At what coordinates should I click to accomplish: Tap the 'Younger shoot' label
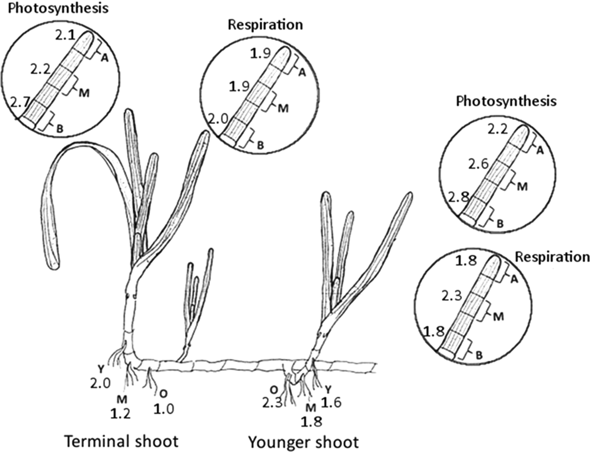point(303,442)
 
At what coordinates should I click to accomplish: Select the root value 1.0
point(159,409)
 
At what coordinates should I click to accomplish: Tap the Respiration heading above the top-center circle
point(266,25)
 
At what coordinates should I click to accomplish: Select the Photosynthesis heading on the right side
point(506,101)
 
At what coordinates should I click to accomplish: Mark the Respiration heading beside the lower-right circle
point(551,257)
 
